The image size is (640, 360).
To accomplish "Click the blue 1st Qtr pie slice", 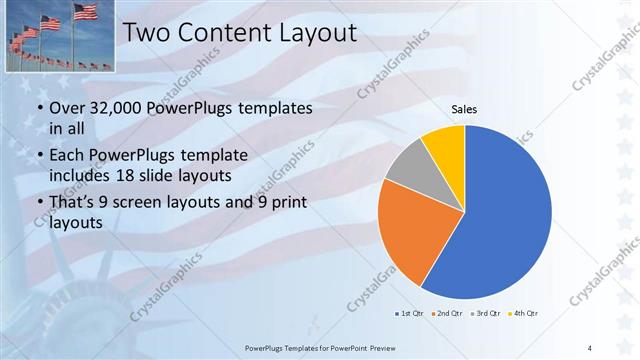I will (505, 215).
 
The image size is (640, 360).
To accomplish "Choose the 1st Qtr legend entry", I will (410, 314).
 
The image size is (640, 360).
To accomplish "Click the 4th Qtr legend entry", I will (524, 314).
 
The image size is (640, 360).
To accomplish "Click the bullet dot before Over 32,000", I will (39, 108).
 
